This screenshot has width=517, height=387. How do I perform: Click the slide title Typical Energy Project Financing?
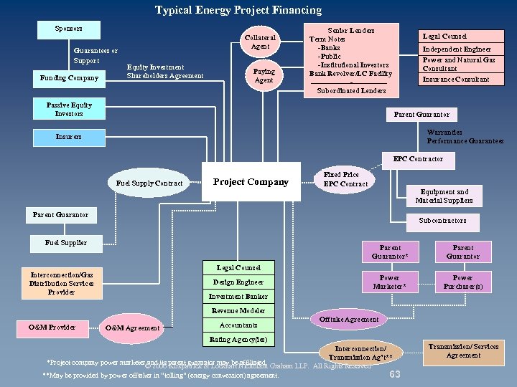point(238,10)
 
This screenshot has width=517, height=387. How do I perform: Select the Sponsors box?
point(69,29)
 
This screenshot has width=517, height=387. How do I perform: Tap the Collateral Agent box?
point(260,42)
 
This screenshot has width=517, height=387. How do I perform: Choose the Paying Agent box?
point(264,76)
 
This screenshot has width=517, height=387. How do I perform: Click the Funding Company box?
point(69,78)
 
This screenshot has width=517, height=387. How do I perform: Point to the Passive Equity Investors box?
point(69,109)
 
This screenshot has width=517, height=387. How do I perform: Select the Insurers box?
point(69,136)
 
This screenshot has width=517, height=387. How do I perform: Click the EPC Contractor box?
point(418,159)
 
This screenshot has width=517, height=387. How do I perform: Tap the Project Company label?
point(251,182)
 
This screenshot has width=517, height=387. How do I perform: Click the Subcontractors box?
point(442,221)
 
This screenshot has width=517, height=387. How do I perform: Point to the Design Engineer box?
point(238,282)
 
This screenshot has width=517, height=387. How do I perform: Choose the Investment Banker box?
point(238,297)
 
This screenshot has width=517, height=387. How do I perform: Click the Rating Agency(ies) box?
point(238,339)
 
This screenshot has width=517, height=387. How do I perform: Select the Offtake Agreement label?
point(349,319)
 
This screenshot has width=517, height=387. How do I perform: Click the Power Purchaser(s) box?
point(462,282)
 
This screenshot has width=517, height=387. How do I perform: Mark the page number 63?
point(394,375)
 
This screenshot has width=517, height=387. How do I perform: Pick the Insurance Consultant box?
point(456,80)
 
